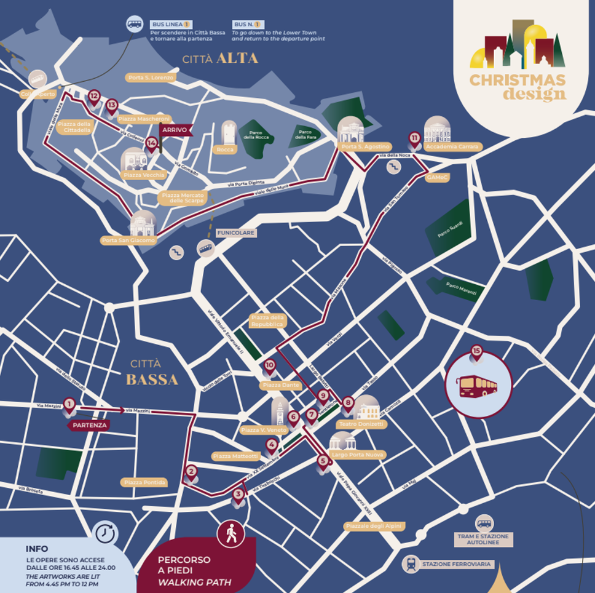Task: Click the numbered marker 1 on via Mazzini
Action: click(x=69, y=405)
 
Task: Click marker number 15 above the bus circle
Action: click(x=476, y=352)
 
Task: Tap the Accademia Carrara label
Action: click(x=452, y=147)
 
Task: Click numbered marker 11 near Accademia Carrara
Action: click(x=415, y=138)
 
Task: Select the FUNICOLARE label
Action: click(x=235, y=233)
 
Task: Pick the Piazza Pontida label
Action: click(x=144, y=482)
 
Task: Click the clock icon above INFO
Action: click(x=107, y=533)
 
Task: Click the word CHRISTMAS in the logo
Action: click(x=518, y=80)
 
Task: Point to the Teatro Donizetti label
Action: click(x=361, y=424)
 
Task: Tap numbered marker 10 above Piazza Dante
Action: click(x=269, y=366)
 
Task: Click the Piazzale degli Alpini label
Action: click(x=373, y=526)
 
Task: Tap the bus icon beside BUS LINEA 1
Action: click(x=135, y=24)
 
